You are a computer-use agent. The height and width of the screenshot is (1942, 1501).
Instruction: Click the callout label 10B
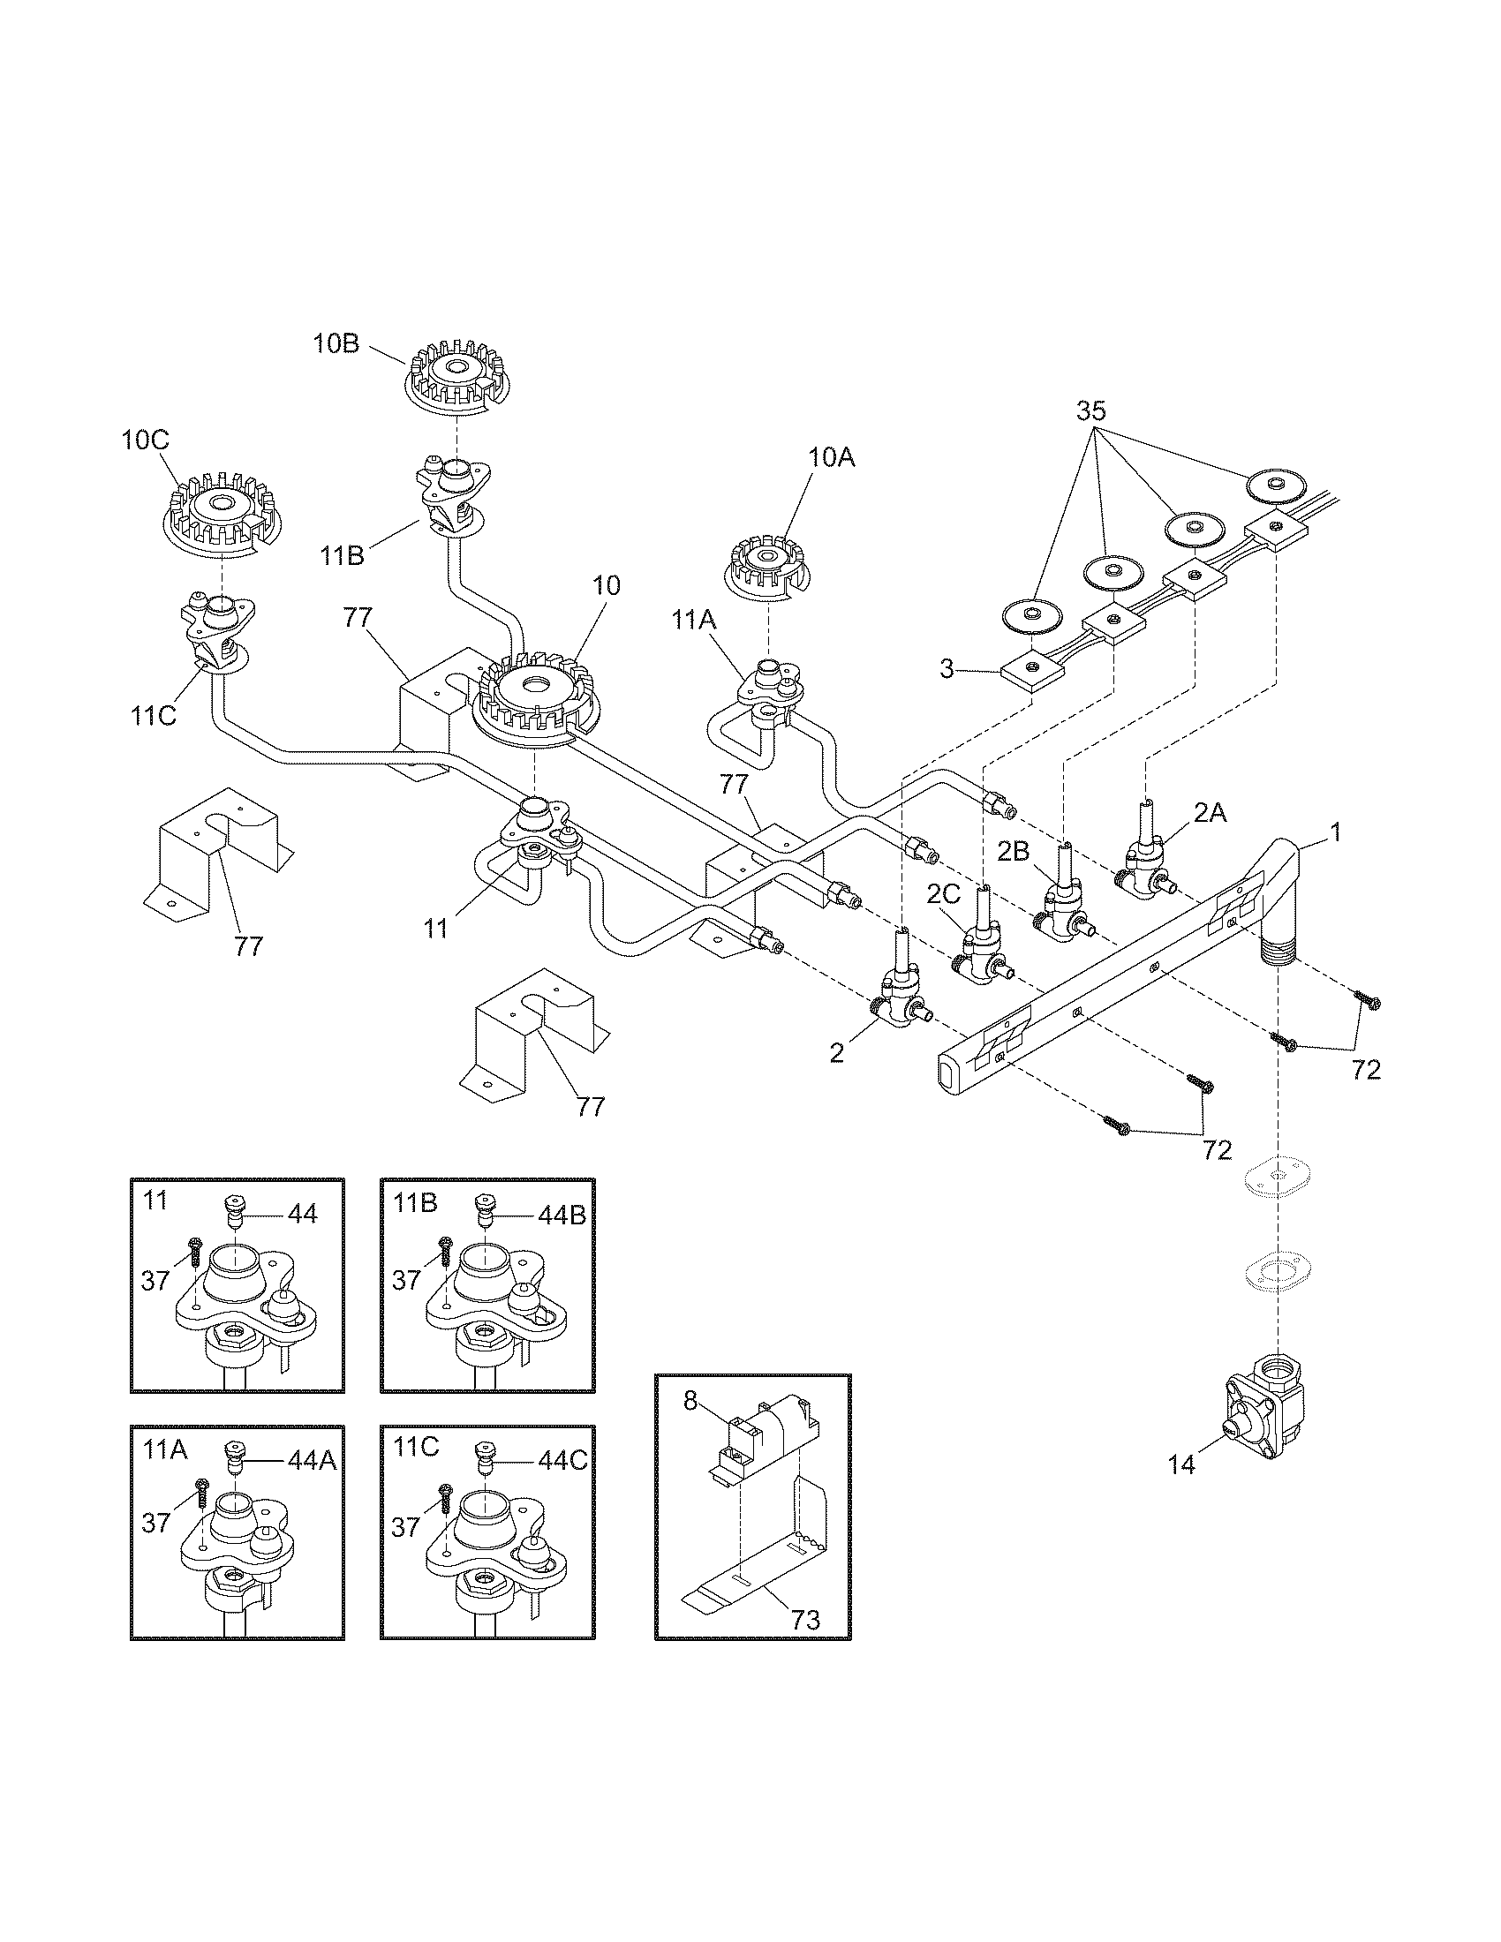(336, 344)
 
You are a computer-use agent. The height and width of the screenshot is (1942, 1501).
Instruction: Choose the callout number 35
(1091, 410)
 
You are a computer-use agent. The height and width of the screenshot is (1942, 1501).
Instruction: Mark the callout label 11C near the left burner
(154, 716)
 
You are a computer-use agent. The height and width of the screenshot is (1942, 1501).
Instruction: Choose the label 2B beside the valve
(1012, 850)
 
